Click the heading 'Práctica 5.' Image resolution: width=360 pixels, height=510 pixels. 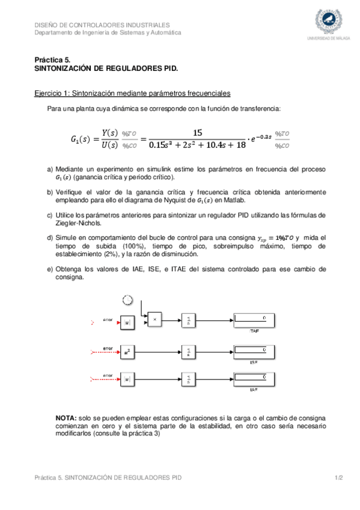click(x=52, y=60)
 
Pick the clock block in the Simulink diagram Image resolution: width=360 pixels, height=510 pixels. click(x=127, y=301)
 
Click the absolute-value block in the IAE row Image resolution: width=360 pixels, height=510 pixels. click(x=127, y=379)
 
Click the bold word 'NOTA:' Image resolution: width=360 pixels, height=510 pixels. click(x=66, y=417)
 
